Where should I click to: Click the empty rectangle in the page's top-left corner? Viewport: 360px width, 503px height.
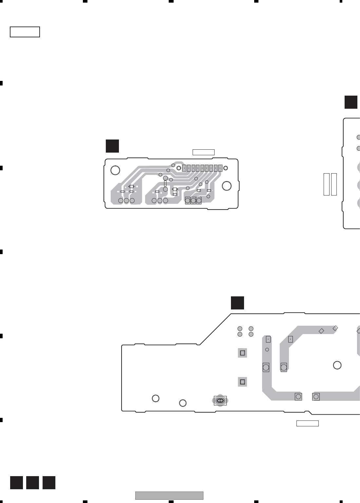[25, 32]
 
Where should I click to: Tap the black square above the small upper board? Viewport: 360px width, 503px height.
[112, 146]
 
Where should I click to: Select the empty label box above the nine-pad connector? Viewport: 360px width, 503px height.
[203, 152]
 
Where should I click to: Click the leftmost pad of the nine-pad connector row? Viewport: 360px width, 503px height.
[184, 168]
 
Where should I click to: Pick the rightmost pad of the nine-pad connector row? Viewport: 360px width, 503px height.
[220, 168]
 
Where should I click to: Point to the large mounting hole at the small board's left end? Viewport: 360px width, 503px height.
[115, 170]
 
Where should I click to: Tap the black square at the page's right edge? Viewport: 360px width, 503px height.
[351, 102]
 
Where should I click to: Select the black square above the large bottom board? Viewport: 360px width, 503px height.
[237, 303]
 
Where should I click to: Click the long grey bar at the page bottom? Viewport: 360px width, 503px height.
[169, 495]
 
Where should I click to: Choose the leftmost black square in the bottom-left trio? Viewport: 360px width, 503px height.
[16, 483]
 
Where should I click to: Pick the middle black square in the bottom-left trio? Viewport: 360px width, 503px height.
[32, 483]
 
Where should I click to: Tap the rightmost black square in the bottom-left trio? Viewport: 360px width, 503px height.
[49, 483]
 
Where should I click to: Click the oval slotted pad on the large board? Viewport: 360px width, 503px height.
[220, 401]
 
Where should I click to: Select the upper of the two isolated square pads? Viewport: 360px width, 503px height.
[242, 353]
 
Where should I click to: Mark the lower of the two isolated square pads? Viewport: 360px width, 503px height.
[242, 382]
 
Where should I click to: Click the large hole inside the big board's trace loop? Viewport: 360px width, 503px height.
[337, 365]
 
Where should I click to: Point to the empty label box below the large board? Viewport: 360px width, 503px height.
[307, 423]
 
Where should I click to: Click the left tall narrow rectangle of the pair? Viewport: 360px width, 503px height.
[326, 184]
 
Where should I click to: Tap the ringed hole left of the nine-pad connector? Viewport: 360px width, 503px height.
[179, 168]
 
